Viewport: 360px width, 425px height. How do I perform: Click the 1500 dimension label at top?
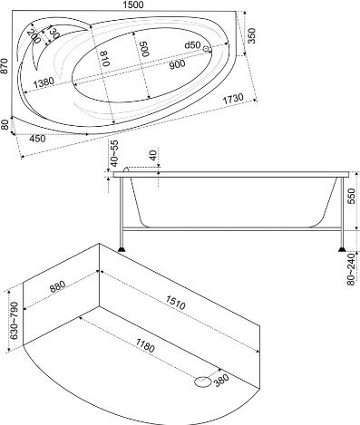tap(132, 5)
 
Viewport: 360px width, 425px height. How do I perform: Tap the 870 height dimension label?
tap(4, 65)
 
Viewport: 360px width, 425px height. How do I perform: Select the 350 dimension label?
tap(251, 35)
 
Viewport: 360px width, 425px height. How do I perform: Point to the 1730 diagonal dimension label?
tap(233, 100)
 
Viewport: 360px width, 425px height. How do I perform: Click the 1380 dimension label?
tap(44, 83)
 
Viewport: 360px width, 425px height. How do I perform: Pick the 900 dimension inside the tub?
tap(177, 64)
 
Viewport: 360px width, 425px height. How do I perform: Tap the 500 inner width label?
tap(144, 48)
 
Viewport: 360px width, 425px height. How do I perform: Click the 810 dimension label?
tap(104, 58)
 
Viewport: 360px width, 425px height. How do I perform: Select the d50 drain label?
tap(192, 45)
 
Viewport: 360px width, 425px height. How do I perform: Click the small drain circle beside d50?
tap(207, 49)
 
